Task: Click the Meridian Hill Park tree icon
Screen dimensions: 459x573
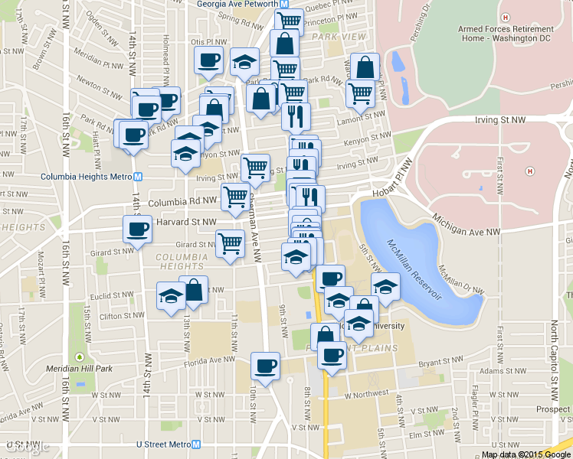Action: [79, 357]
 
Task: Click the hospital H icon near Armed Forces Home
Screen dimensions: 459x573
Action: [505, 17]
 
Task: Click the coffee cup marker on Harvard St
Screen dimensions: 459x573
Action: [138, 229]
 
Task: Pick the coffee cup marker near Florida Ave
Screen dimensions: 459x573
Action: [265, 365]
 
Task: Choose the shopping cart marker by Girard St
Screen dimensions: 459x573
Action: [230, 243]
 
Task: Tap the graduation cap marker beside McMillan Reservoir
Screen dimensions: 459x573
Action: [385, 287]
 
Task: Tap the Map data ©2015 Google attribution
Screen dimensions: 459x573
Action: [526, 454]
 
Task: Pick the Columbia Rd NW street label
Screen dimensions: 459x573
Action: [182, 203]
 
